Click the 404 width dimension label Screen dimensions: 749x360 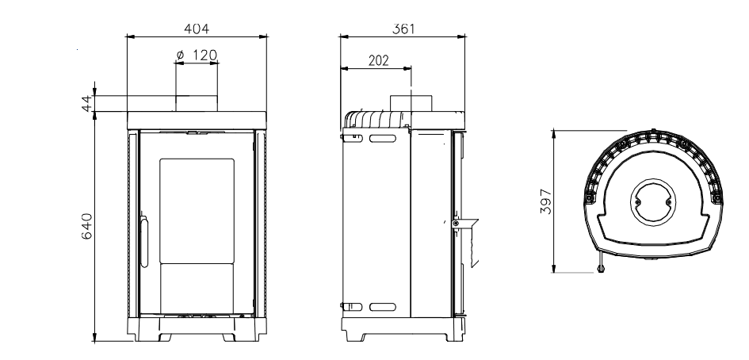point(197,29)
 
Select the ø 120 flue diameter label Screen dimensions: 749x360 point(197,56)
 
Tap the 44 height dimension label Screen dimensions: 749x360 point(86,103)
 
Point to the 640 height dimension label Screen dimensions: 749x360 point(87,226)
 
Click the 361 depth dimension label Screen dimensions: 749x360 point(403,29)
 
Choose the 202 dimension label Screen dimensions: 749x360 point(378,61)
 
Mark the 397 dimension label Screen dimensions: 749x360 point(546,201)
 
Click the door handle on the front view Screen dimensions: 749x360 point(143,241)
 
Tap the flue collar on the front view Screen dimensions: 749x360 point(197,103)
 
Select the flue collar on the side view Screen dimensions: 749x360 point(411,103)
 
